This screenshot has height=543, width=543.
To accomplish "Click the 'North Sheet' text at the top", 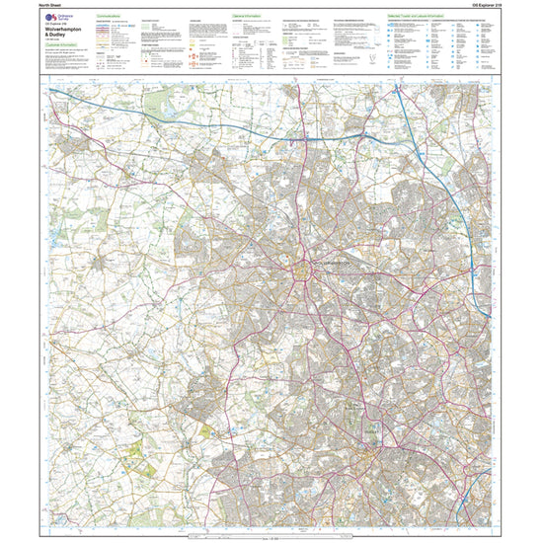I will coord(51,6).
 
